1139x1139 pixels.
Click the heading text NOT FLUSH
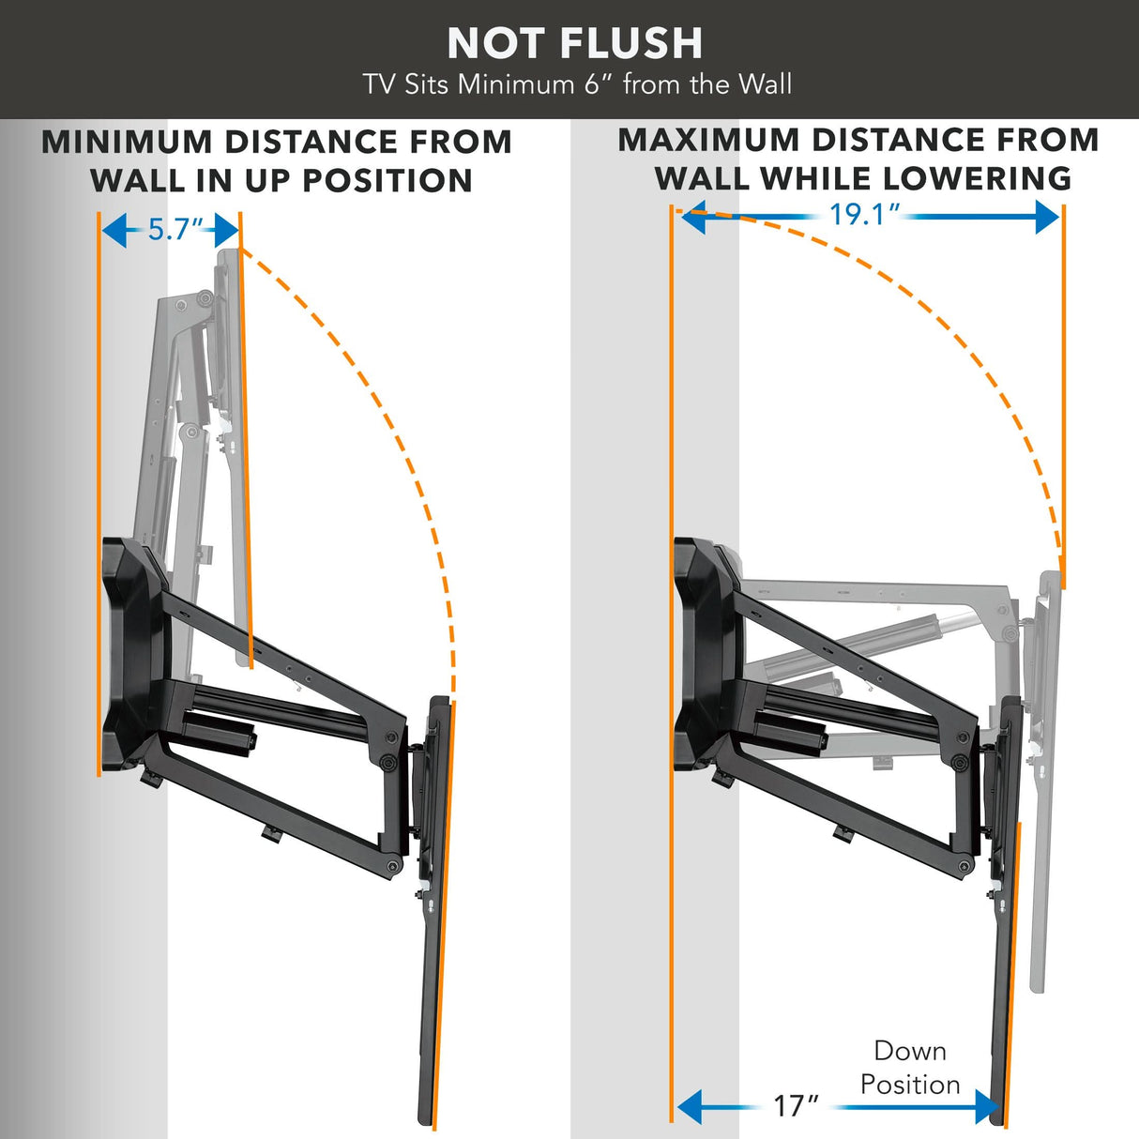coord(574,43)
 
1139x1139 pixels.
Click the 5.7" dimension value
coord(175,229)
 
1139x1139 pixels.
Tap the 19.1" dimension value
coord(863,215)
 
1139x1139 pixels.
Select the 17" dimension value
coord(796,1105)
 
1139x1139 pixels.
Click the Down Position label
coord(909,1068)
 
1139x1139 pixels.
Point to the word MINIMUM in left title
coord(127,143)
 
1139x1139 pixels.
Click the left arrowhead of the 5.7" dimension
coord(114,229)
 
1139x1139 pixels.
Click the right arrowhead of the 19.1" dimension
coord(1047,218)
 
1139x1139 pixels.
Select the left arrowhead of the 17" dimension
coord(690,1107)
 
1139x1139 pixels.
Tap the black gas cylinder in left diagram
coord(218,731)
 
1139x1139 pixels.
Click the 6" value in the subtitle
coord(599,84)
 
